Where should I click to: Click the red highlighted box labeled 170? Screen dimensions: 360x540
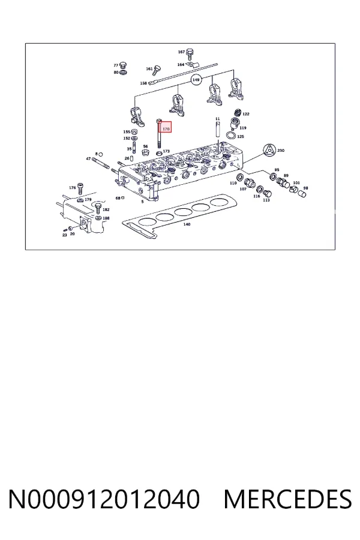(x=166, y=128)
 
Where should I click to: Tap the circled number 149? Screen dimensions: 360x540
(x=196, y=80)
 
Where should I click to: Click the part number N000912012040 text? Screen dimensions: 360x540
(x=104, y=499)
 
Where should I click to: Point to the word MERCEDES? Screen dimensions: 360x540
(x=287, y=499)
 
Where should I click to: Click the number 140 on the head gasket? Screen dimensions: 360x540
(x=187, y=224)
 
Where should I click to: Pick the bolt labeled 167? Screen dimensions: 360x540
(x=189, y=55)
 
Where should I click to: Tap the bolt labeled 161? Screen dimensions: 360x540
(x=157, y=70)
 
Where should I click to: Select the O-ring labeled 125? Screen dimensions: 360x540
(x=232, y=134)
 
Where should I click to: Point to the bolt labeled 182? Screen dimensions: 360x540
(x=98, y=208)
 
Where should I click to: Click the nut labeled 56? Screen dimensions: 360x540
(x=145, y=152)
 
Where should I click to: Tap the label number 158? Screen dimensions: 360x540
(x=143, y=83)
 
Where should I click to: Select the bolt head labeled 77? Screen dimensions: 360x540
(x=124, y=65)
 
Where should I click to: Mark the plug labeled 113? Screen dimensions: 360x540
(x=268, y=194)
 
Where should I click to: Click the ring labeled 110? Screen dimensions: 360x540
(x=238, y=178)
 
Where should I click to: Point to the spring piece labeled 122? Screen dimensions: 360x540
(x=238, y=112)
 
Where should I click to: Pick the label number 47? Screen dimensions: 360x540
(x=89, y=158)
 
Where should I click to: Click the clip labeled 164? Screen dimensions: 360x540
(x=194, y=65)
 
